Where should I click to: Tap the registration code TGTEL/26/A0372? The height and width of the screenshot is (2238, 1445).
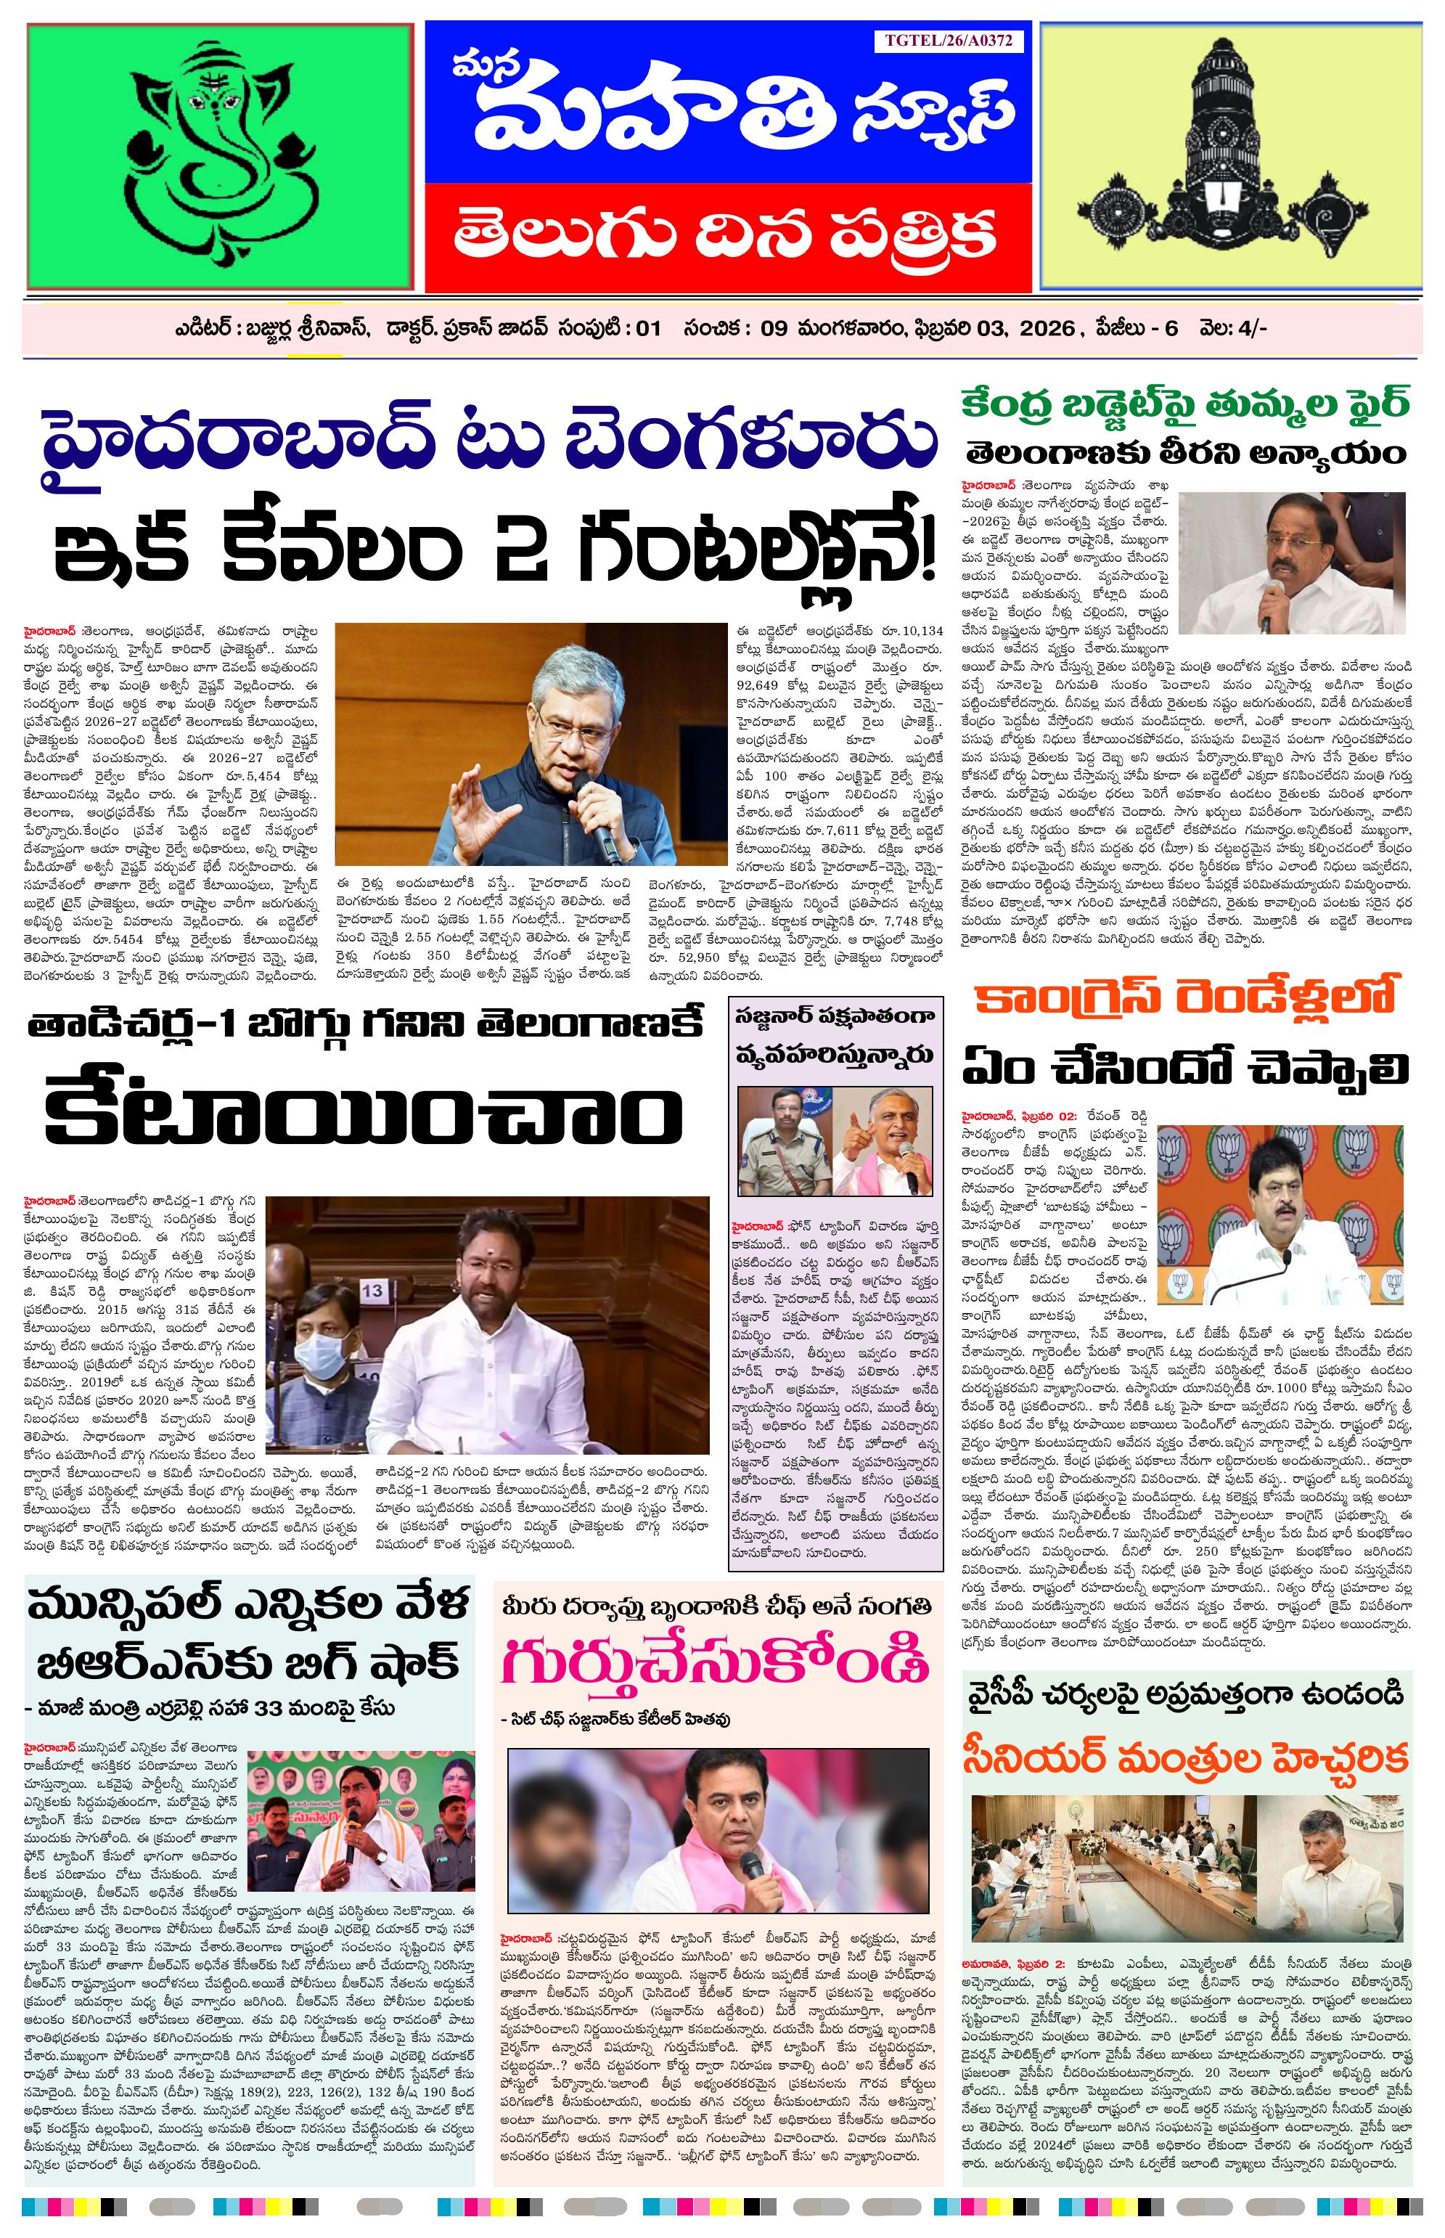[948, 41]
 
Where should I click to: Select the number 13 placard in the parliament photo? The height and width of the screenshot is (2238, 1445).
[372, 1290]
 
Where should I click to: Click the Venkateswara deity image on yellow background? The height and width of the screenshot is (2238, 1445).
[1229, 156]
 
